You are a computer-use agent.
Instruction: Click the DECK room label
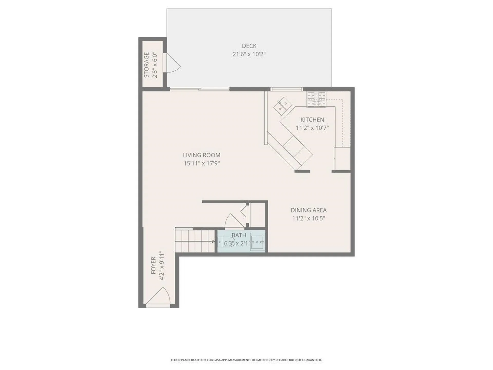pos(249,46)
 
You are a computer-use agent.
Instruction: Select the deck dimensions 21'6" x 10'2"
pos(249,54)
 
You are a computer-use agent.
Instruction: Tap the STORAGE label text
pos(147,65)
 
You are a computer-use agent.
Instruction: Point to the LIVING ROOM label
pos(202,155)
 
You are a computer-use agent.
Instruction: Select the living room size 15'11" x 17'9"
pos(202,163)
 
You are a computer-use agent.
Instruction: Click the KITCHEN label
pos(312,120)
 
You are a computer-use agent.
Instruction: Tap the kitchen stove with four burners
pos(317,99)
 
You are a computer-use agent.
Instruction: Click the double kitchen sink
pos(282,106)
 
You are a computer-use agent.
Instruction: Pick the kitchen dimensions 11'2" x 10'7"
pos(312,128)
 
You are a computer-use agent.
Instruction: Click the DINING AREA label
pos(308,210)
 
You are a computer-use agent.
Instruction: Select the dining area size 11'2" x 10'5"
pos(308,218)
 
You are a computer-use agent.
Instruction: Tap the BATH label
pos(239,235)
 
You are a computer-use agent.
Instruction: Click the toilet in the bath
pos(227,242)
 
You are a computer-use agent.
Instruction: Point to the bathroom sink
pos(258,242)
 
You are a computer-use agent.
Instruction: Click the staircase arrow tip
pos(214,241)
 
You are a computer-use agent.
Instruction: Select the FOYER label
pos(153,265)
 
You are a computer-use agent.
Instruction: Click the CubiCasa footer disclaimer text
pos(246,360)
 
